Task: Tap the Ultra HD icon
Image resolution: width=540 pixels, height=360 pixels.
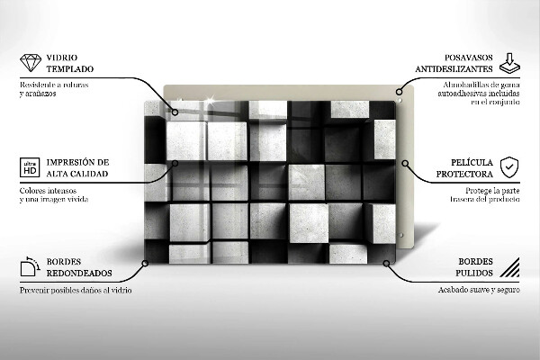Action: [x=28, y=167]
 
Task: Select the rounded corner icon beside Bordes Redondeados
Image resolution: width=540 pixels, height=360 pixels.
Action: [x=29, y=265]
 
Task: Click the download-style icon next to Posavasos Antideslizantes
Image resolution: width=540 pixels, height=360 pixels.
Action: [x=508, y=60]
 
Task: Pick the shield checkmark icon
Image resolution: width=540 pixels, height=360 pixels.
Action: [x=509, y=166]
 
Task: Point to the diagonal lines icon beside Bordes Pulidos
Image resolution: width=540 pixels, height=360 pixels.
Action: [x=509, y=266]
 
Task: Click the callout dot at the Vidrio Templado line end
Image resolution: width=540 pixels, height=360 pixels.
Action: [x=175, y=113]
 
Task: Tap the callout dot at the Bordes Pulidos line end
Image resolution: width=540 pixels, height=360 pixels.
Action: [x=387, y=265]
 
